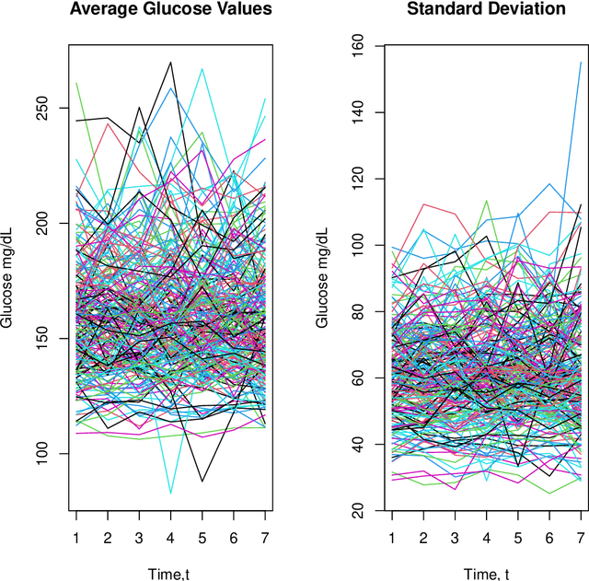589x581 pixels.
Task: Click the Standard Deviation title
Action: click(x=486, y=10)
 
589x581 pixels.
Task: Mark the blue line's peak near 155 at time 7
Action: click(x=581, y=63)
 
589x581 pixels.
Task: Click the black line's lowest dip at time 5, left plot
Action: click(x=202, y=481)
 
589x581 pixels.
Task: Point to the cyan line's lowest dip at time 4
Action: click(x=170, y=493)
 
